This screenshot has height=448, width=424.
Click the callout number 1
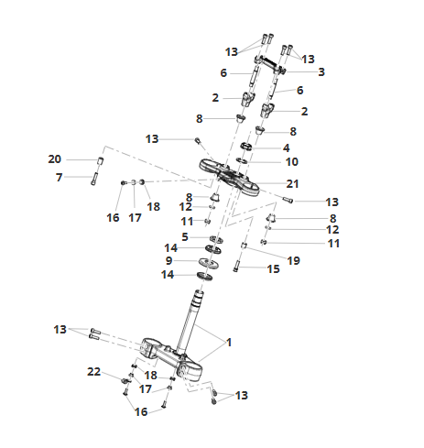[x=229, y=343]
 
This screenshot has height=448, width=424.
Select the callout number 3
[x=321, y=72]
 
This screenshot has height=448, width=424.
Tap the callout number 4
[x=286, y=148]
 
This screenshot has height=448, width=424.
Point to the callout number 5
[x=185, y=237]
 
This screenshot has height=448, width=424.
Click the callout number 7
[x=60, y=178]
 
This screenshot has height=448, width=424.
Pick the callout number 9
[x=169, y=261]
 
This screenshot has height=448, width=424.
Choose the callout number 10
[x=292, y=162]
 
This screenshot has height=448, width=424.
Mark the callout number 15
[x=274, y=269]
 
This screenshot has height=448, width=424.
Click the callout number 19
[x=294, y=261]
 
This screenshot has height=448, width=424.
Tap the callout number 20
[x=55, y=159]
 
